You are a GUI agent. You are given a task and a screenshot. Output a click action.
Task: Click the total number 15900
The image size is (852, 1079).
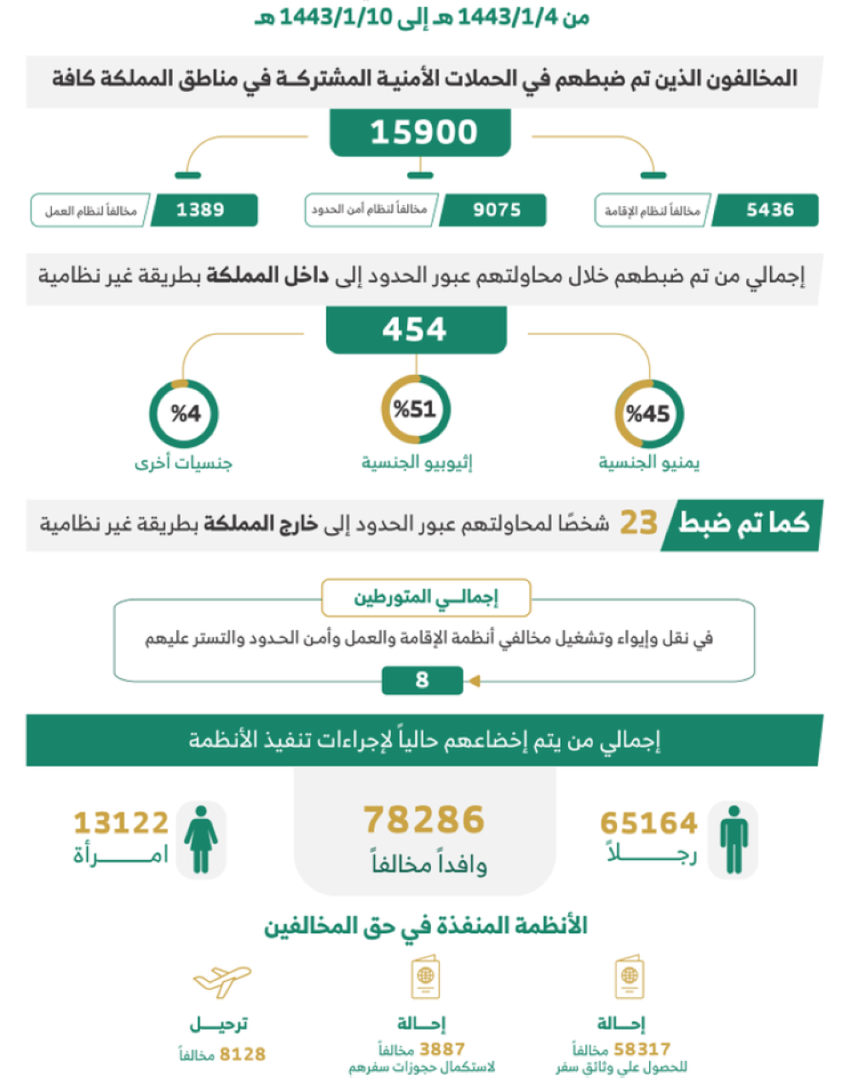point(423,133)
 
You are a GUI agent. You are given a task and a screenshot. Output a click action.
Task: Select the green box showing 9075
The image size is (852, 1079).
point(496,210)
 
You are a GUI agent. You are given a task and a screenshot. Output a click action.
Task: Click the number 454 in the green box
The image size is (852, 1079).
point(415,330)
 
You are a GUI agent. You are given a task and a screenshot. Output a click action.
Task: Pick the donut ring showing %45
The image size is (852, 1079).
point(649,414)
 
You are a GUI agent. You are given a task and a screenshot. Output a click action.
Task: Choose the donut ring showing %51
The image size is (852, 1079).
point(415,410)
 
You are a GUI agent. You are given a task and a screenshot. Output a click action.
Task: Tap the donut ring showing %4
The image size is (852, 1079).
point(184,414)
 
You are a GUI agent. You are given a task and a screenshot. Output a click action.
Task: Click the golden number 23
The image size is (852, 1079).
point(638,523)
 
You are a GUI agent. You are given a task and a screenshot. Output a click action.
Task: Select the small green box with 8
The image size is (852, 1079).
point(422,680)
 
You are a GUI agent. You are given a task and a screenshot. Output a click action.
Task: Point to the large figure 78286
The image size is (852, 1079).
point(423,820)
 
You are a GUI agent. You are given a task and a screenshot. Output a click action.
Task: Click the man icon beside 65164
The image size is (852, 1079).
point(734,840)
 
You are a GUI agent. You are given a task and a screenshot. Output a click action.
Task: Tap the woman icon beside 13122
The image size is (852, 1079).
point(201,840)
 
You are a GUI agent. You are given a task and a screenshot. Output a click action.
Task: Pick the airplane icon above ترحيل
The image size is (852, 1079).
point(222,981)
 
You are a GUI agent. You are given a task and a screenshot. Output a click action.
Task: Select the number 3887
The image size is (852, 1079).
point(442,1049)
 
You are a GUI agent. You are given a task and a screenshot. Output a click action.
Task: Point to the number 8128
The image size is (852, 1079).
point(242,1054)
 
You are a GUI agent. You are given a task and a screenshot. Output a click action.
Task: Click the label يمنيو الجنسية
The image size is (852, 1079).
point(649,462)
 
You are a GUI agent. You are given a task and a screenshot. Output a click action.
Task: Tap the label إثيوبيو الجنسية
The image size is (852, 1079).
point(417,462)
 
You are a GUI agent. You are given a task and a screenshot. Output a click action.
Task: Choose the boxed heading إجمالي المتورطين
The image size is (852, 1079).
point(425,598)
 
